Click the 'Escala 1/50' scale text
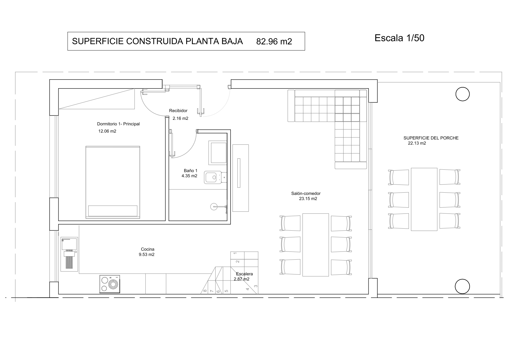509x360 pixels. click(399, 38)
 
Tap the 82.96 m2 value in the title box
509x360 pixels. click(274, 41)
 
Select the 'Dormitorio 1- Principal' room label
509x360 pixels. click(118, 124)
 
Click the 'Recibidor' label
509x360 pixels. click(178, 111)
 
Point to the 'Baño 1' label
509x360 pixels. click(191, 171)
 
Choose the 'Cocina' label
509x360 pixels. click(148, 249)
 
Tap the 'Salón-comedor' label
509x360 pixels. click(306, 193)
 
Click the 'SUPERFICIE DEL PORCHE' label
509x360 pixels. click(431, 138)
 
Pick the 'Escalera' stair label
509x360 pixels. click(244, 274)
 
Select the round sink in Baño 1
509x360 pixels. click(213, 207)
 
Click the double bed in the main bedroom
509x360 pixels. click(113, 182)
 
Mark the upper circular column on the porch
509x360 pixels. click(463, 94)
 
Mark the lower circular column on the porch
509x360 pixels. click(462, 287)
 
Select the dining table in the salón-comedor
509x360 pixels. click(316, 245)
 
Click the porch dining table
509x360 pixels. click(424, 199)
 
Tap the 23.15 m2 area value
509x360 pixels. click(308, 199)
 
